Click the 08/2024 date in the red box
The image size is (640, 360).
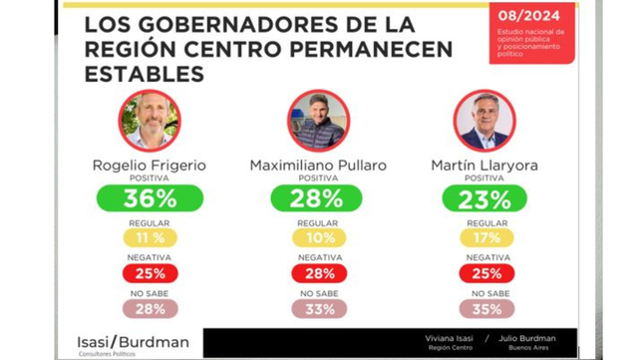[531, 16]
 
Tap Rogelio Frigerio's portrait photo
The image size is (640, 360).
[150, 120]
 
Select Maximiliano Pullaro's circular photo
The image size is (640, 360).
[319, 120]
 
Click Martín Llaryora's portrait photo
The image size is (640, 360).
[484, 120]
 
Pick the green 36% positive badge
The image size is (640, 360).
[150, 198]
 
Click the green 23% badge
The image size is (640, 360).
[484, 198]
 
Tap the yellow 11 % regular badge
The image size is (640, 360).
[150, 238]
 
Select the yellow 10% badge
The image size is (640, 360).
[319, 238]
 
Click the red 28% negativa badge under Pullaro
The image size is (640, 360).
[319, 273]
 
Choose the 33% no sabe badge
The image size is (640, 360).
[319, 309]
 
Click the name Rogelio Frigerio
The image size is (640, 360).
[150, 165]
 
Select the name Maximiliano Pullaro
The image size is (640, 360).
[319, 165]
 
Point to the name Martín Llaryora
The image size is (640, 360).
[484, 165]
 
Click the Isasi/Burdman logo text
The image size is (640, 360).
[133, 341]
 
